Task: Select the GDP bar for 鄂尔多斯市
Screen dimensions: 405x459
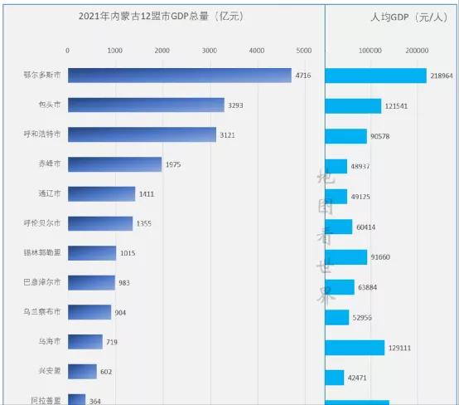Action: tap(179, 76)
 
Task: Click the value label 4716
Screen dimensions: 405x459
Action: tap(303, 76)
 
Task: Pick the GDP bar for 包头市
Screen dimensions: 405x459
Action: tap(146, 105)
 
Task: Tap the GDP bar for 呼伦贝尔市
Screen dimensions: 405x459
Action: tap(99, 223)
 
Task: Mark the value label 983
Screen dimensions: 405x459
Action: tap(125, 283)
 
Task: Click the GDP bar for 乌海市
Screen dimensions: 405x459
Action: tap(85, 342)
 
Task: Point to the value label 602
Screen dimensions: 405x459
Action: tap(107, 372)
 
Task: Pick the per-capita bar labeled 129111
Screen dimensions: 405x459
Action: tap(355, 347)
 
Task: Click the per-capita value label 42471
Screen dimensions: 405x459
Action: tap(358, 378)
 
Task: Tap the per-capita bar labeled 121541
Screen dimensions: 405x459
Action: tap(353, 106)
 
